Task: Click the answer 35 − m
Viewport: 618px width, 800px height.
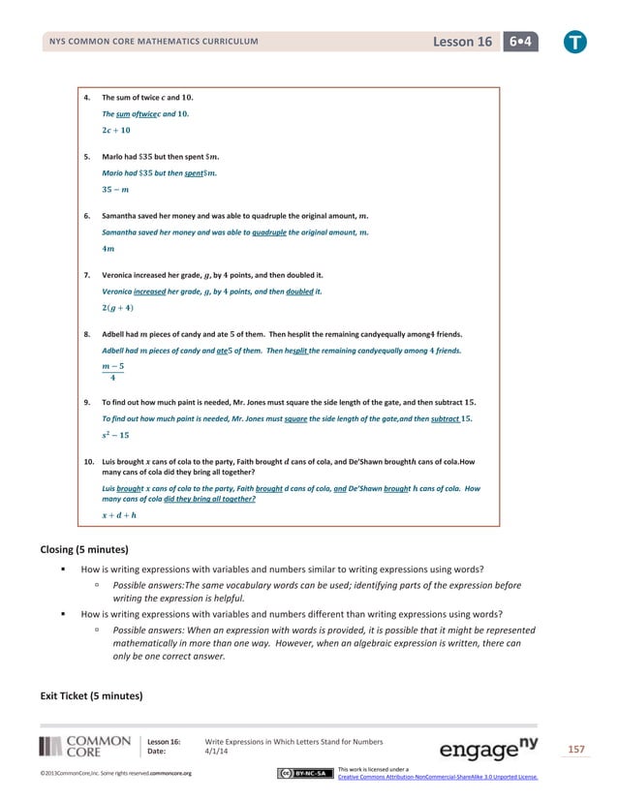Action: tap(116, 189)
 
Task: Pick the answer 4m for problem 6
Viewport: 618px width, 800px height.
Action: tap(108, 249)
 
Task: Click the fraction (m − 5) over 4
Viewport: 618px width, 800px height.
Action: tap(113, 372)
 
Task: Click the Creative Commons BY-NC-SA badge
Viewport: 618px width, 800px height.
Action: tap(303, 773)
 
